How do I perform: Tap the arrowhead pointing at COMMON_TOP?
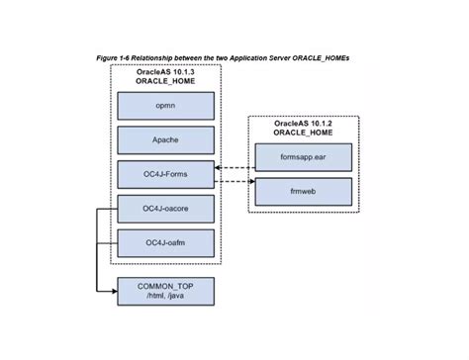[x=110, y=291]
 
